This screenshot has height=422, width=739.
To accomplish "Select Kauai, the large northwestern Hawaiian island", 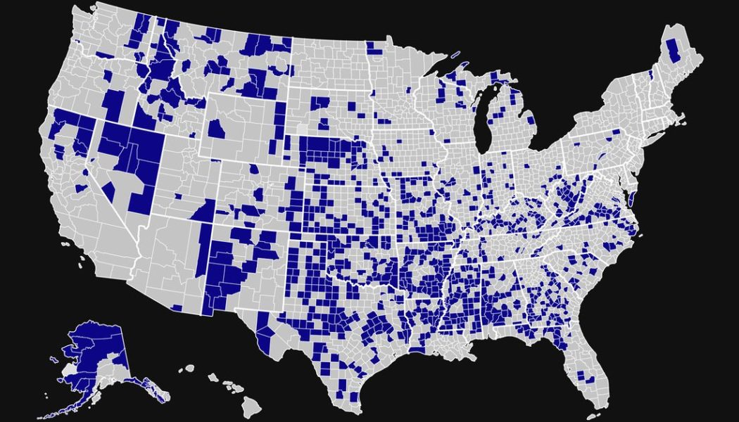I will [188, 368].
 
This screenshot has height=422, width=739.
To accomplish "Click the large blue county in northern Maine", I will [672, 51].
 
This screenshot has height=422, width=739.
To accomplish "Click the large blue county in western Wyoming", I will [217, 130].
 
